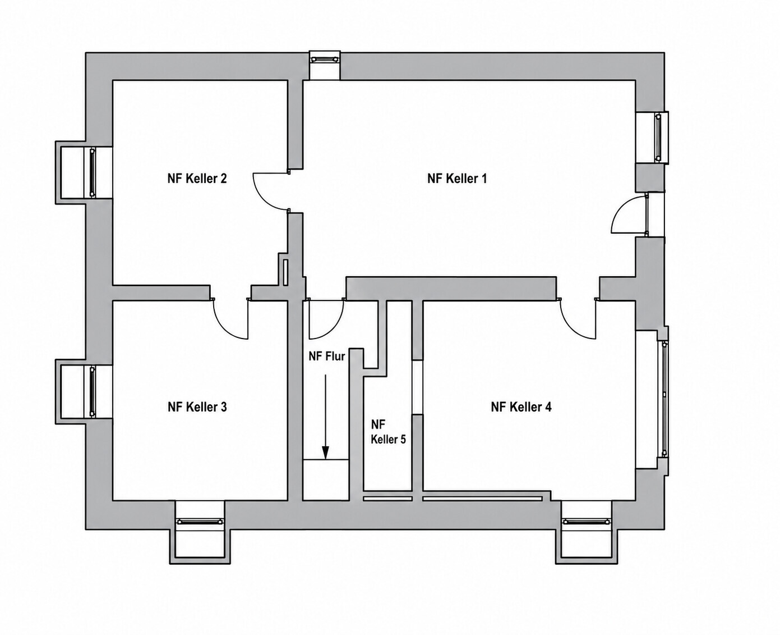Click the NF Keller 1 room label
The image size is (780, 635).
coord(457,179)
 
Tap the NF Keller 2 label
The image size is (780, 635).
coord(197,179)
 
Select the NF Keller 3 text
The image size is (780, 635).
coord(197,407)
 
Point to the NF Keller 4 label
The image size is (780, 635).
coord(521,407)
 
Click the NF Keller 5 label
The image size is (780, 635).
coord(388,432)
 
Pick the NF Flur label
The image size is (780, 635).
coord(327,356)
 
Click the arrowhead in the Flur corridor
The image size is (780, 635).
coord(325,452)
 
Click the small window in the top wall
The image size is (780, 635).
coord(325,59)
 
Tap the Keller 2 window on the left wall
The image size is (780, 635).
coord(93,172)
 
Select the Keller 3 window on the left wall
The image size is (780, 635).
coord(93,391)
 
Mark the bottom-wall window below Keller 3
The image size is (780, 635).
coord(200,521)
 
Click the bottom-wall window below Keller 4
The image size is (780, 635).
coord(587,521)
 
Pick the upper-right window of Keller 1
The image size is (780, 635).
coord(659,138)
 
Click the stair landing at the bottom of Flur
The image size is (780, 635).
coord(325,479)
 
